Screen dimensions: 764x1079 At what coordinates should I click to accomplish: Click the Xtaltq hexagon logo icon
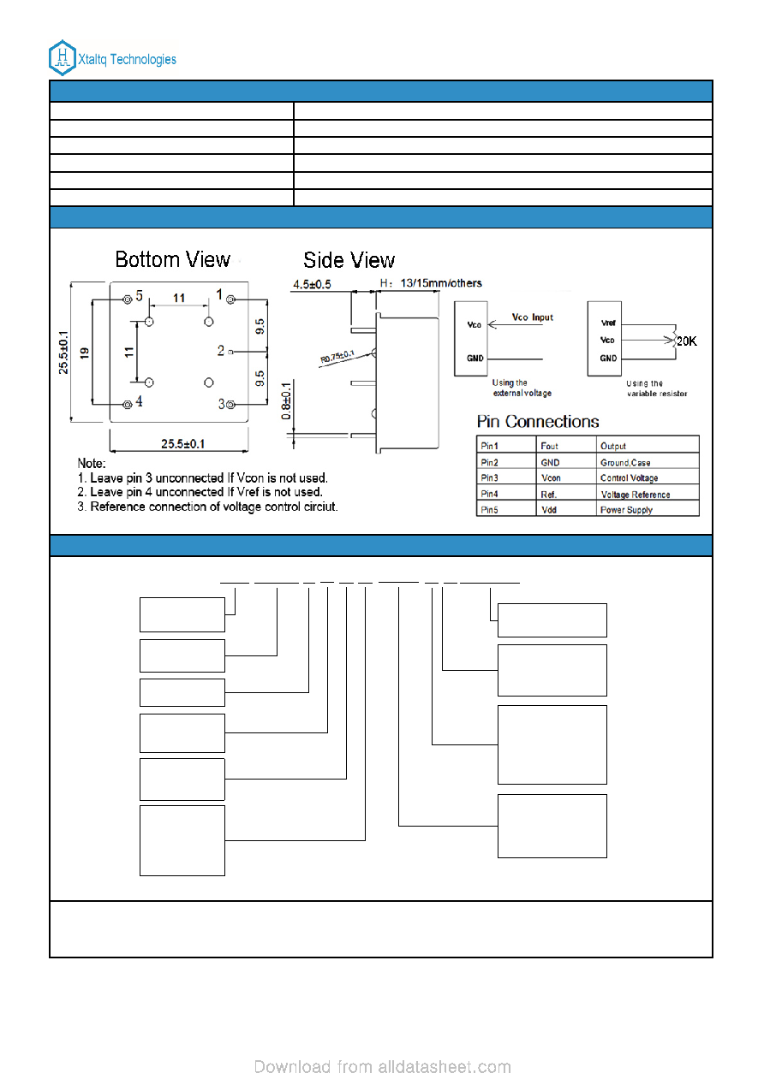coord(63,58)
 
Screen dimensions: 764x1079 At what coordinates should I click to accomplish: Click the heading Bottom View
coord(172,259)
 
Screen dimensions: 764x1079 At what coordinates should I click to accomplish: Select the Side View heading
coord(349,260)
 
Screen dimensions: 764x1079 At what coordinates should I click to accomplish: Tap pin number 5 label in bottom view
coord(140,295)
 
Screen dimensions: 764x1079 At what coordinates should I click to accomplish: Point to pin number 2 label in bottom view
coord(221,350)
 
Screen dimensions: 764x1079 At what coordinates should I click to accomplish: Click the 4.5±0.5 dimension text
coord(313,284)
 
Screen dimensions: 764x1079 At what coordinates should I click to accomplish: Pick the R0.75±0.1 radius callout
coord(337,357)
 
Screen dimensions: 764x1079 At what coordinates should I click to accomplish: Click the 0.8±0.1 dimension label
coord(286,400)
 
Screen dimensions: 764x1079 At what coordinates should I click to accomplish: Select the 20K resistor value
coord(686,341)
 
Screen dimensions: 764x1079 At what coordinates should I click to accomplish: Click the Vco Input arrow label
coord(532,317)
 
